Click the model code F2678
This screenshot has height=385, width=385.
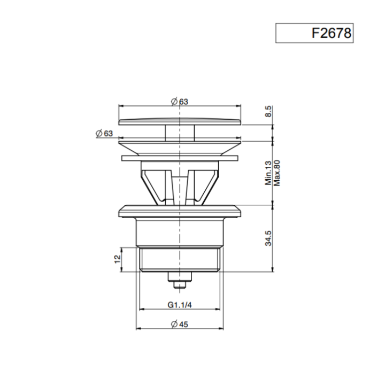(331, 33)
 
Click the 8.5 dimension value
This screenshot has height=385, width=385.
(269, 112)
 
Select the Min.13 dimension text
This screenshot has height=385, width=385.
(269, 173)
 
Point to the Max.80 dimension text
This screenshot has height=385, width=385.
(278, 173)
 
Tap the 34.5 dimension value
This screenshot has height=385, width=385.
(269, 237)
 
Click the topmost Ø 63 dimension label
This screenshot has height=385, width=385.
(180, 102)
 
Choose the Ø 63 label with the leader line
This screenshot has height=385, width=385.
(104, 134)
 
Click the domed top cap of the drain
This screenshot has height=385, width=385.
(180, 120)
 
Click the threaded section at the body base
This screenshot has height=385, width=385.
(180, 259)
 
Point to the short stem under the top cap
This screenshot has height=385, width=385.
(180, 132)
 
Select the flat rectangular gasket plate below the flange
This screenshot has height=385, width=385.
(180, 158)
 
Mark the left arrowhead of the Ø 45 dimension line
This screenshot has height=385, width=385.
(138, 328)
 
